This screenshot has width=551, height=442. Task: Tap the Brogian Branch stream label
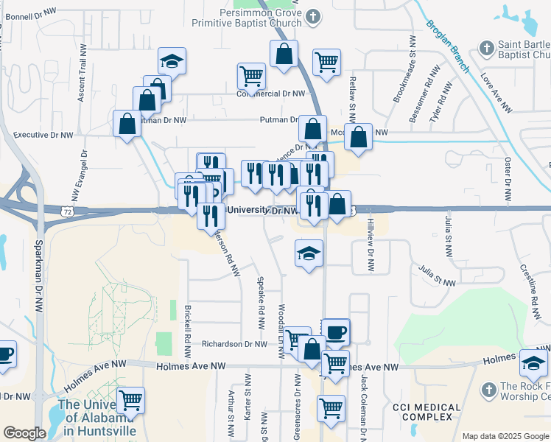pos(448,46)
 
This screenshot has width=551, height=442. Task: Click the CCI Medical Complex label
pos(427,412)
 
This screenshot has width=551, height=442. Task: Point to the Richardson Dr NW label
pos(234,344)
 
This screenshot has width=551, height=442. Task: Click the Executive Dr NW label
pos(44,136)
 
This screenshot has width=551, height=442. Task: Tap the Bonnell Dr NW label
pos(30,13)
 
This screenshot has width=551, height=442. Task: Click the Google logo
pos(24,433)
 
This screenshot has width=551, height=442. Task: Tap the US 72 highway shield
pos(66,211)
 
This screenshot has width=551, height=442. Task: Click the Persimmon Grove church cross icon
pos(314,15)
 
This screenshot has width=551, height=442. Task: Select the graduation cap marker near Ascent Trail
pos(172,61)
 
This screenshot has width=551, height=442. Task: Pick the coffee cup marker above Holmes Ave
pos(336,331)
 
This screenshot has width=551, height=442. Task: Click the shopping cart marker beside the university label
pos(130,400)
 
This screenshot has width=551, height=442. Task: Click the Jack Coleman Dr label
pos(363,403)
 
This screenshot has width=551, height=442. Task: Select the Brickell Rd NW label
pos(189,329)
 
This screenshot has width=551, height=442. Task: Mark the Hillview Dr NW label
pos(371,246)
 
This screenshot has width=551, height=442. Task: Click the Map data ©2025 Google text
pos(505,436)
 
